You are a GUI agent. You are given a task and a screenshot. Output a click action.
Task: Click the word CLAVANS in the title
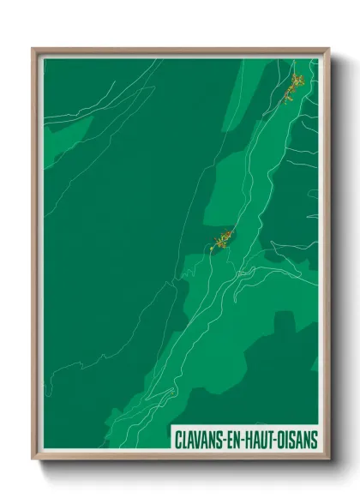197,440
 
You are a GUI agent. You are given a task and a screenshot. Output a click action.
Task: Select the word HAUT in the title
260,440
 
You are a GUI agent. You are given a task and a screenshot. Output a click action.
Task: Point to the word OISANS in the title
297,440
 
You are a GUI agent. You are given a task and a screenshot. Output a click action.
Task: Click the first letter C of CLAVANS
177,440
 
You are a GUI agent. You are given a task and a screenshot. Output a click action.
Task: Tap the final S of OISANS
314,440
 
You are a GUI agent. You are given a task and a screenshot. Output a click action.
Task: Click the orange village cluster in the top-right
295,86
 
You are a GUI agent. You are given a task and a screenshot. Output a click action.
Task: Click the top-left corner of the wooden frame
33,49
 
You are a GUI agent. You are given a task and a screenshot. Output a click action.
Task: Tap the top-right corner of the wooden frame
328,49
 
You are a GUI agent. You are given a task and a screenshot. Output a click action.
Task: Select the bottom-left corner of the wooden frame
33,459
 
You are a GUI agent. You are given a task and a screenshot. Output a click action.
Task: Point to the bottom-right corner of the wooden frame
328,459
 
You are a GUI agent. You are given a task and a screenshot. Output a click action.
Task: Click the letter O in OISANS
284,440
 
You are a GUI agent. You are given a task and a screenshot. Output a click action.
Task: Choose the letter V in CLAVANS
198,440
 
